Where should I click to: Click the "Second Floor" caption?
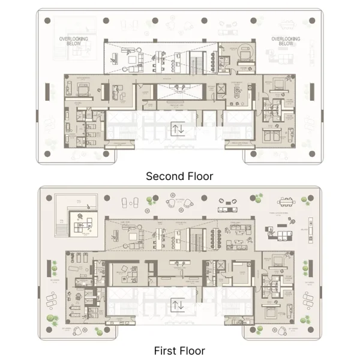(x=179, y=176)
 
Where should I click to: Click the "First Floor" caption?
(x=179, y=351)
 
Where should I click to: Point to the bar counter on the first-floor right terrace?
(x=311, y=227)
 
